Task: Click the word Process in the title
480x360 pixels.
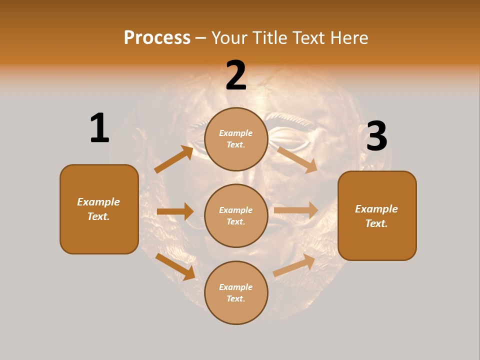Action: pyautogui.click(x=157, y=38)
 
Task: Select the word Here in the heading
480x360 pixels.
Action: pyautogui.click(x=348, y=38)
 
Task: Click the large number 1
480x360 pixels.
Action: pyautogui.click(x=99, y=128)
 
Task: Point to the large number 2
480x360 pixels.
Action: pyautogui.click(x=236, y=76)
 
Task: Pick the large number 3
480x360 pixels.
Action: pyautogui.click(x=376, y=136)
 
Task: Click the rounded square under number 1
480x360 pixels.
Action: pyautogui.click(x=99, y=209)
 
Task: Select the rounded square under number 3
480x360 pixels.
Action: pyautogui.click(x=377, y=216)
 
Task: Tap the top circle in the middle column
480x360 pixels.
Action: pyautogui.click(x=236, y=139)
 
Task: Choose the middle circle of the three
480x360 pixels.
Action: pyautogui.click(x=236, y=215)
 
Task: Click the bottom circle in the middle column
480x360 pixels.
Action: pyautogui.click(x=236, y=292)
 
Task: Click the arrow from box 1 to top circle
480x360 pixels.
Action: pyautogui.click(x=174, y=159)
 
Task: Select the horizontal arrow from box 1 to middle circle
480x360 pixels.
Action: pyautogui.click(x=175, y=211)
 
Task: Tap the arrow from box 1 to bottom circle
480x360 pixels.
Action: pyautogui.click(x=175, y=266)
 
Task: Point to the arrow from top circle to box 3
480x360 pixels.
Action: pyautogui.click(x=297, y=159)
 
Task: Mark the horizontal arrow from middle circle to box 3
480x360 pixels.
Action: pyautogui.click(x=296, y=210)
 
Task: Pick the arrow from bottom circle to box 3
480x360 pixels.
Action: pyautogui.click(x=294, y=265)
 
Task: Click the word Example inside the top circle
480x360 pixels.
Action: pyautogui.click(x=236, y=133)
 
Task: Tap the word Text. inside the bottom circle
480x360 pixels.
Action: pyautogui.click(x=236, y=298)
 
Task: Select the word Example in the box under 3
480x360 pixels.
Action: pyautogui.click(x=376, y=209)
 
